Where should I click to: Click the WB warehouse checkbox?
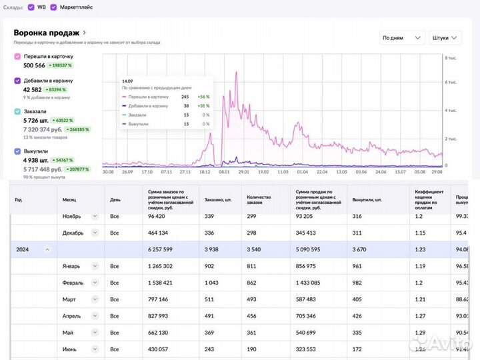point(31,7)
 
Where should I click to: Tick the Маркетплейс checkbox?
point(53,7)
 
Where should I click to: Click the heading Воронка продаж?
point(47,33)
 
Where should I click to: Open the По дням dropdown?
point(402,38)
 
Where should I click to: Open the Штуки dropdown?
point(445,38)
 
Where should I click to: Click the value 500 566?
point(34,66)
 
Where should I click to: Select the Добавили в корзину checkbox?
point(17,81)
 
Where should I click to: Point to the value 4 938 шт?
point(36,160)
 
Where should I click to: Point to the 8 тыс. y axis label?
point(451,59)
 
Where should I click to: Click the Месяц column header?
point(70,199)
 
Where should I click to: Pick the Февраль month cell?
point(73,283)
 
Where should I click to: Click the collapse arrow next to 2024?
point(47,249)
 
